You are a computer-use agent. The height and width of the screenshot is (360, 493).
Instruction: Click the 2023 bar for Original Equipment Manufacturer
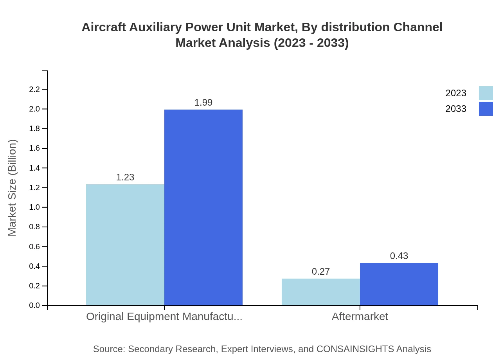125,245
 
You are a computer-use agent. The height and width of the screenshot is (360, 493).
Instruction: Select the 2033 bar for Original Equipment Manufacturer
203,207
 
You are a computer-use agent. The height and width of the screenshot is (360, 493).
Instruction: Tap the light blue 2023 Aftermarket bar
321,292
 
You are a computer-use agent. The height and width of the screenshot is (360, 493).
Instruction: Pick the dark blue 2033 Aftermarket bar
399,284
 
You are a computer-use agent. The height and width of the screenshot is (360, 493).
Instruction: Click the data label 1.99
203,103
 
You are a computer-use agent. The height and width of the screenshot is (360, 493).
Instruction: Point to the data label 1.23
125,177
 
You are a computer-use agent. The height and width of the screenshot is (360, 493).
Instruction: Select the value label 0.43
399,256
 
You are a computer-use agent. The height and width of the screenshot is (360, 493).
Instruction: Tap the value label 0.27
321,272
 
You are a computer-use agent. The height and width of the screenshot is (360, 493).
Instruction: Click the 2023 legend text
456,93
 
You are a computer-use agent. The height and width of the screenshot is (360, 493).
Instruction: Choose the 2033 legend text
456,109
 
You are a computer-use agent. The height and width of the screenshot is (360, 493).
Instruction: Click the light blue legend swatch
486,93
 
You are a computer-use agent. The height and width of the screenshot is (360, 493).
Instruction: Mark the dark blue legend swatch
486,109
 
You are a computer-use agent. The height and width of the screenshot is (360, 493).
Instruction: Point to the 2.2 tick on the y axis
35,89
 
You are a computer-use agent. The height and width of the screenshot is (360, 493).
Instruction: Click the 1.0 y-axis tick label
35,207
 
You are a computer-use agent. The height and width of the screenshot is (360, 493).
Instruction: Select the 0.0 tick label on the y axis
35,306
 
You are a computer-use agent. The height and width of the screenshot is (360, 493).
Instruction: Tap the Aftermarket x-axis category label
360,317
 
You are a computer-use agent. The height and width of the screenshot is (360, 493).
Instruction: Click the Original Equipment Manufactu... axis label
164,317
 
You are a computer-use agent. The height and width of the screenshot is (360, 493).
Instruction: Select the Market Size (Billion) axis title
12,188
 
